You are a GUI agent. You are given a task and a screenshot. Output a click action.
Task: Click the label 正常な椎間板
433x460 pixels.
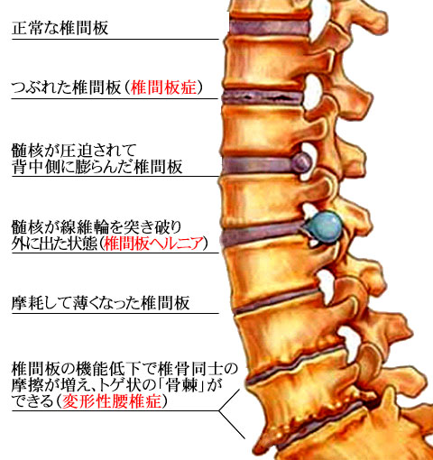(x=60, y=28)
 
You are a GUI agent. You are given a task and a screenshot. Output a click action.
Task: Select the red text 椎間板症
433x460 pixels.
(x=164, y=87)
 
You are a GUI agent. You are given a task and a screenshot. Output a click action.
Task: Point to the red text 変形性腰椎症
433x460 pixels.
(x=112, y=401)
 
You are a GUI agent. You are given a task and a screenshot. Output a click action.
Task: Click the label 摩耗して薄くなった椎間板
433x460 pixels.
(x=101, y=303)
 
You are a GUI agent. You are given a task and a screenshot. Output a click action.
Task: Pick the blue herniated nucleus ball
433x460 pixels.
(x=326, y=227)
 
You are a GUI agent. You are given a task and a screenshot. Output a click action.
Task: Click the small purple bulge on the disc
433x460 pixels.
(x=301, y=162)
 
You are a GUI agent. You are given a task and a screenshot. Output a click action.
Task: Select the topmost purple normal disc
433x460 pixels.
(x=269, y=27)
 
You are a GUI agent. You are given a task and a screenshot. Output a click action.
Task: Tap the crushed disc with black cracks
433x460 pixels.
(x=263, y=97)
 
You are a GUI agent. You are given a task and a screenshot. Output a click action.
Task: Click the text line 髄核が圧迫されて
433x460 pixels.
(x=74, y=151)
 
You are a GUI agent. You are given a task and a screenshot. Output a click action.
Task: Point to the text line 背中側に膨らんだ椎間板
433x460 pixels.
(x=97, y=167)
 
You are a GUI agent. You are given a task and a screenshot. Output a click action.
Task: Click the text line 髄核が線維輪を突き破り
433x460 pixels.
(x=97, y=227)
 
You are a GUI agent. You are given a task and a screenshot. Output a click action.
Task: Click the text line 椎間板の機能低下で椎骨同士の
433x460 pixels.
(x=124, y=369)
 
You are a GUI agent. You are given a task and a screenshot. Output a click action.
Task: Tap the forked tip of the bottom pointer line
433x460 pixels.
(x=219, y=410)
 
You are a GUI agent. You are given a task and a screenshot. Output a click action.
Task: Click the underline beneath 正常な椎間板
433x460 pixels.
(x=115, y=39)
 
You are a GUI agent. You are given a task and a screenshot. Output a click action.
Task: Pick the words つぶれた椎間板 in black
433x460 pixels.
(x=66, y=87)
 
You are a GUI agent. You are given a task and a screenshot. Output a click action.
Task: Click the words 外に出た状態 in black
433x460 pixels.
(x=54, y=244)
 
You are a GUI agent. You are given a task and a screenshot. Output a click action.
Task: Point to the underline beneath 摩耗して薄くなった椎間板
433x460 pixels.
(x=115, y=313)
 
